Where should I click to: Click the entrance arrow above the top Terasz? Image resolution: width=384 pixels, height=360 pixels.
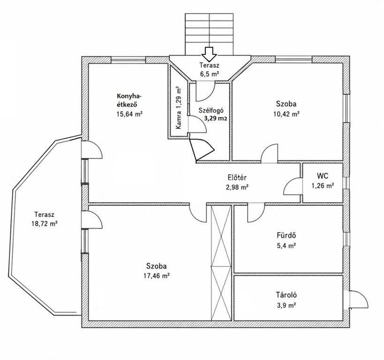(x=209, y=54)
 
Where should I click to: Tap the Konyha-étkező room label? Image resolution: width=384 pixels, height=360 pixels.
(x=129, y=100)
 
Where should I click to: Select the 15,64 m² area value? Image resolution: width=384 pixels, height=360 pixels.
(x=129, y=114)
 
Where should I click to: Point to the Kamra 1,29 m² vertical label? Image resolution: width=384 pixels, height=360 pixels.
(x=179, y=108)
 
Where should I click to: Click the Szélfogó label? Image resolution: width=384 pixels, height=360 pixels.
(x=211, y=111)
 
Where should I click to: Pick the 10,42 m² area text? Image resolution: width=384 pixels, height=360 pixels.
(x=286, y=114)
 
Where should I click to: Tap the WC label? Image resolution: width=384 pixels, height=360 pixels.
(x=323, y=176)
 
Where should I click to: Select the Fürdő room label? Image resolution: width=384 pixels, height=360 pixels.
(x=286, y=235)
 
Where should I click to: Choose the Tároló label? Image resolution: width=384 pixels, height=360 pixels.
(x=286, y=295)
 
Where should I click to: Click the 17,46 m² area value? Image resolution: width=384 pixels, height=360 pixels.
(x=157, y=276)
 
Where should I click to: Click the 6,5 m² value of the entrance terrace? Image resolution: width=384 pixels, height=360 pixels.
(x=210, y=74)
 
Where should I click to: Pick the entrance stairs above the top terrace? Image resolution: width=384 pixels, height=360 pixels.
(x=209, y=34)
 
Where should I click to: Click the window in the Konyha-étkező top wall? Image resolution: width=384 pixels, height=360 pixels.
(x=128, y=60)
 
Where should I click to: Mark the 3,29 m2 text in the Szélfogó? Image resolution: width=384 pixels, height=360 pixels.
(x=216, y=119)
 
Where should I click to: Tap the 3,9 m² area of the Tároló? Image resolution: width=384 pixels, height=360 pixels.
(x=286, y=305)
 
